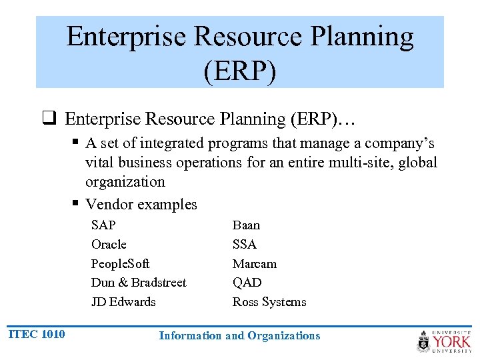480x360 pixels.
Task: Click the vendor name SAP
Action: [x=103, y=225]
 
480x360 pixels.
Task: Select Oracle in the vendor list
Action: [x=109, y=245]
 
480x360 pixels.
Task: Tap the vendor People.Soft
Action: [x=121, y=264]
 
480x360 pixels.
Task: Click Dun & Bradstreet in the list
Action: [x=139, y=283]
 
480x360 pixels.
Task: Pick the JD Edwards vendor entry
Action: [x=123, y=302]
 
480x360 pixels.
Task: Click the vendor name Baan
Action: [x=246, y=225]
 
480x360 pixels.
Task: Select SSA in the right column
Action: [x=244, y=245]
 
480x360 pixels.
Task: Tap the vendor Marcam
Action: [x=254, y=264]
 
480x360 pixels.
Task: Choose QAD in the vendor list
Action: [x=247, y=283]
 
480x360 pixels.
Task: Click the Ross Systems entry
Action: [x=269, y=302]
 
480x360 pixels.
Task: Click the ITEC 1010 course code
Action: [x=37, y=334]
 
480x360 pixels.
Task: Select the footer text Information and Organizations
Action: [x=239, y=336]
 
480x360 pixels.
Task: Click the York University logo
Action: [x=443, y=341]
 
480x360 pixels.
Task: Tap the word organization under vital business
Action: [x=125, y=182]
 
